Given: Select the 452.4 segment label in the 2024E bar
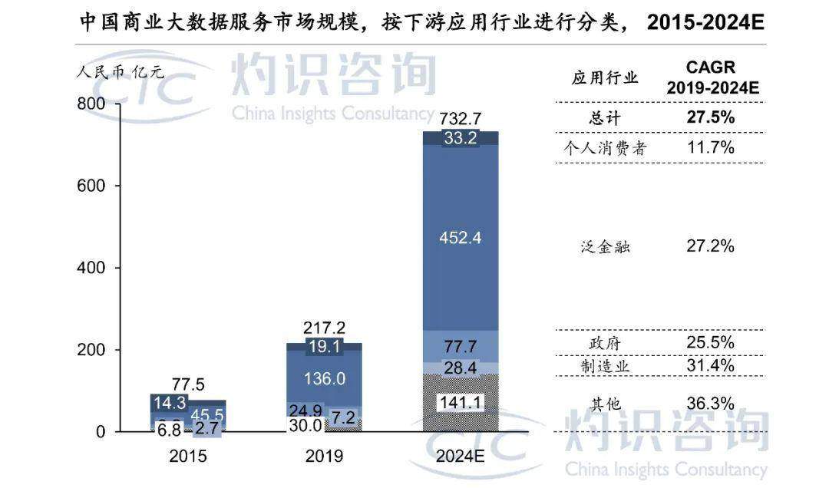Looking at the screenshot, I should point(461,238).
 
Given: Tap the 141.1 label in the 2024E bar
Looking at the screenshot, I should point(461,403).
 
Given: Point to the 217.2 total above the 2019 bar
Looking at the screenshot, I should point(325,328).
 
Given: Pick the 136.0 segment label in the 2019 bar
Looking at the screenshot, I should point(325,378).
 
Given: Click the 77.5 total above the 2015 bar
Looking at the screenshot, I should point(189,385).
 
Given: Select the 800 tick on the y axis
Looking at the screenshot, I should point(90,104).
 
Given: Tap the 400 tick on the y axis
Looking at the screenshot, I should point(90,268).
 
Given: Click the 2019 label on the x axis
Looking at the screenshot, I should point(325,456).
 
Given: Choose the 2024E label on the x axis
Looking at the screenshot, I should point(461,456).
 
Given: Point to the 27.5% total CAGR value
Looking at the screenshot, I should point(710,117).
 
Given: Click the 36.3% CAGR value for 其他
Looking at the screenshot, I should point(710,403).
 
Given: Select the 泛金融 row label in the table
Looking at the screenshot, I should point(606,247).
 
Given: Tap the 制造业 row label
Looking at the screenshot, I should point(606,366).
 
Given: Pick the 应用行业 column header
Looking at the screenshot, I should point(605,77).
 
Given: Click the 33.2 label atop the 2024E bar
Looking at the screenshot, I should point(461,140).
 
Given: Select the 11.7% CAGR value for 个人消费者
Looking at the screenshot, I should point(710,147).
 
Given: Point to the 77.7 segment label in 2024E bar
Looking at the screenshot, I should point(461,345).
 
